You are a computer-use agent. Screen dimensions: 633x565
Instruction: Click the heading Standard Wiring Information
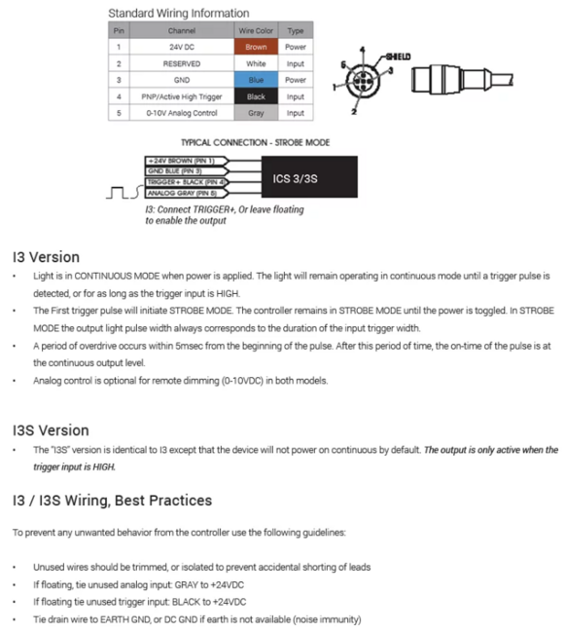(x=178, y=14)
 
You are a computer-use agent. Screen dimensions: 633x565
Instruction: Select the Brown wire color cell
(x=256, y=46)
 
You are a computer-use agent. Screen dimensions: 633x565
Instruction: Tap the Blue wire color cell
(x=256, y=80)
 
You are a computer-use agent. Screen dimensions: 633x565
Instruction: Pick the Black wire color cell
(x=256, y=96)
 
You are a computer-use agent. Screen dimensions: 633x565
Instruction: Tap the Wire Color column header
(x=256, y=30)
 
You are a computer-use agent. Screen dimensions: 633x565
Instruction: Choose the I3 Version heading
(x=46, y=258)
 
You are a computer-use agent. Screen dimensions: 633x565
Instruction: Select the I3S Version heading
(x=51, y=429)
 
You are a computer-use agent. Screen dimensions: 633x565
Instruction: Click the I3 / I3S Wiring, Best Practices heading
(x=112, y=500)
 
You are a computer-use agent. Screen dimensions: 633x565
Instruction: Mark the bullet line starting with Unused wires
(x=201, y=567)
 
